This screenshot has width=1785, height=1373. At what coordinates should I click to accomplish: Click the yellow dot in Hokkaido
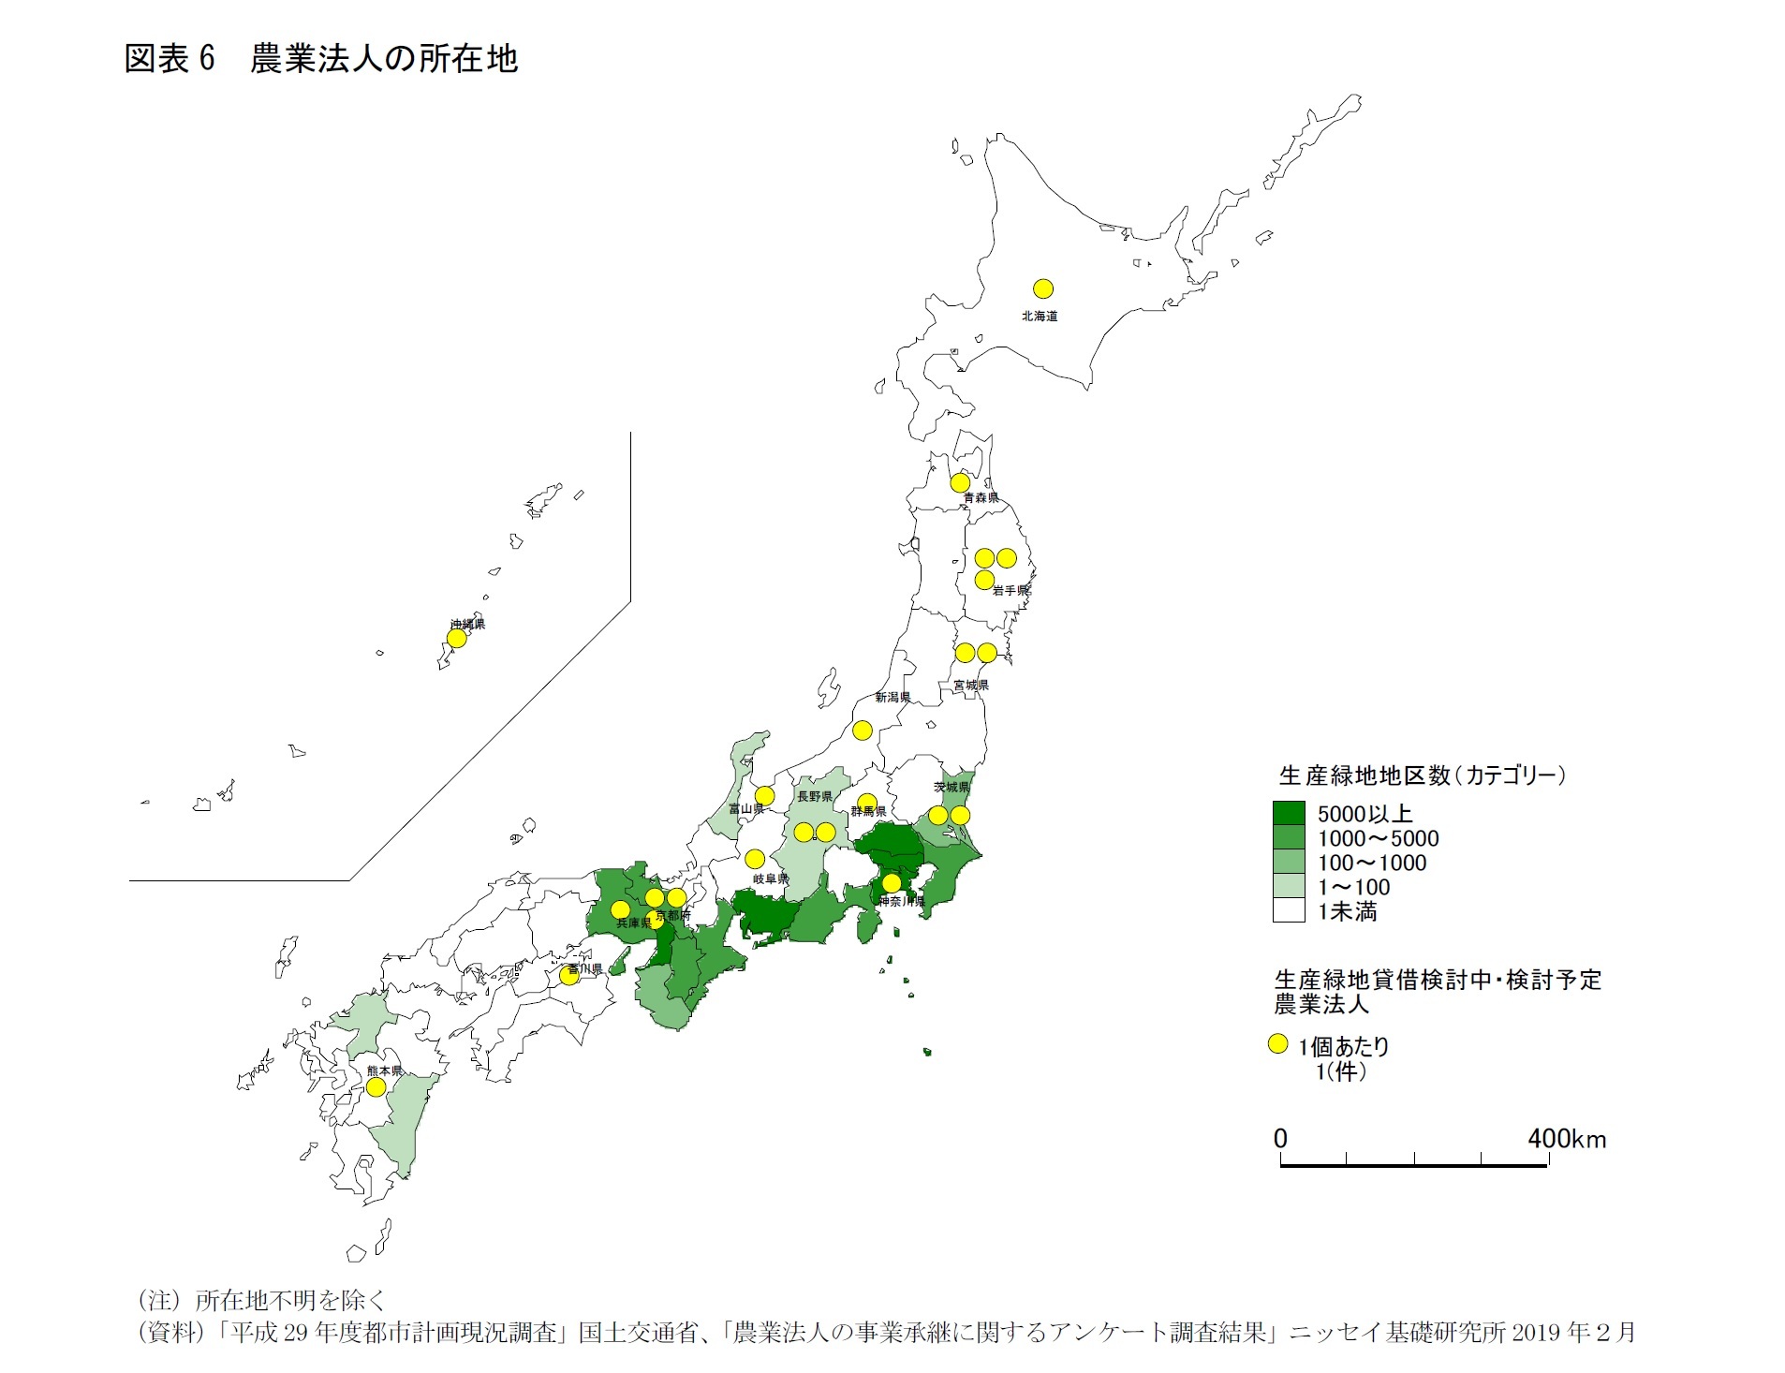1042,288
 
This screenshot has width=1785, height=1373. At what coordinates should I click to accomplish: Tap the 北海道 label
1040,317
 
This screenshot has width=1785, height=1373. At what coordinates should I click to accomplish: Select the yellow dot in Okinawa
456,639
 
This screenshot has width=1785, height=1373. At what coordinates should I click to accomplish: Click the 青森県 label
981,498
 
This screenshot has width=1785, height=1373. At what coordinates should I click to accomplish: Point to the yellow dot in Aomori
960,483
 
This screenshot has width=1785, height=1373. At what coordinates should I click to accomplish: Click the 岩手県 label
1011,590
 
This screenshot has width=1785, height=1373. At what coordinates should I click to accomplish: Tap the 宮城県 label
970,686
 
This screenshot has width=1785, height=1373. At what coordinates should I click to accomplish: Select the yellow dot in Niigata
863,731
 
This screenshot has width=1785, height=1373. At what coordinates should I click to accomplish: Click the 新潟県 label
892,698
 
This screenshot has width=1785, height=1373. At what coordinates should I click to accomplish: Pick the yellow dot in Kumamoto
376,1087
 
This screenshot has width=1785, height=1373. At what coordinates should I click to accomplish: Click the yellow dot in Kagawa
569,975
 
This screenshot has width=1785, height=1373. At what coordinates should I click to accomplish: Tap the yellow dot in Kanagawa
892,883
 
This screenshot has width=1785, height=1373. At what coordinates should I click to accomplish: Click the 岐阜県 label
771,879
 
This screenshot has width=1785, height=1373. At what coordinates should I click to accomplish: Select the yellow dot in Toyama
764,796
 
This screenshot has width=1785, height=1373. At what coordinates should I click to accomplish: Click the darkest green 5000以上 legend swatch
1289,813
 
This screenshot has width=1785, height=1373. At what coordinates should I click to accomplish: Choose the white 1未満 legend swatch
1289,910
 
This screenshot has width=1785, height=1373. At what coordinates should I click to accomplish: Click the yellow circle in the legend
1277,1044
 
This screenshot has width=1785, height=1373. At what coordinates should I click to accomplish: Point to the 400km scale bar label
1566,1139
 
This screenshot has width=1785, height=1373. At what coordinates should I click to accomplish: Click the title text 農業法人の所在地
384,59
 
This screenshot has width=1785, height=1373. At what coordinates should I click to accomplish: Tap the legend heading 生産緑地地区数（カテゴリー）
1422,775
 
